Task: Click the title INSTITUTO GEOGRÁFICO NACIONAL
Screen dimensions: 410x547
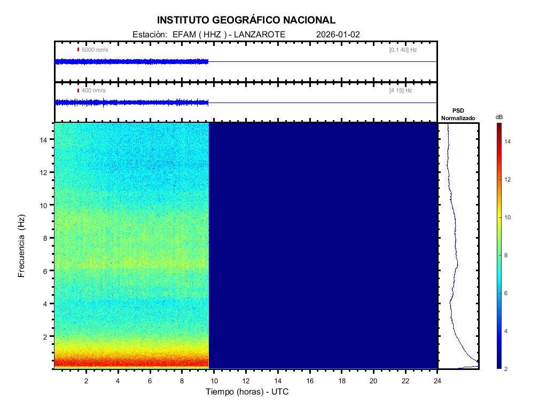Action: point(246,20)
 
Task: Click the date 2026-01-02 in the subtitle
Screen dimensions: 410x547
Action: point(338,34)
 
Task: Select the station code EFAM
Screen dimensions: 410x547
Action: point(183,34)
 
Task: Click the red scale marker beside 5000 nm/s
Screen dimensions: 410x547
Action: point(78,50)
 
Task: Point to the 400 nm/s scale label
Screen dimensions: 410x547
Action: point(93,90)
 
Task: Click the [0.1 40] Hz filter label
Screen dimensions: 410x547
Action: point(403,50)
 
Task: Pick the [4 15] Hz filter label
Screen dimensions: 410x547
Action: point(401,90)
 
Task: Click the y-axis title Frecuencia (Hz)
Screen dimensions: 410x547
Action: point(22,246)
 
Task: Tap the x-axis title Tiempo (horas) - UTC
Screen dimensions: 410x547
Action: point(247,392)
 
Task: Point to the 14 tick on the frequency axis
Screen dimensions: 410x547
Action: point(45,139)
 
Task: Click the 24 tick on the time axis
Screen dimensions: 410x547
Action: point(437,380)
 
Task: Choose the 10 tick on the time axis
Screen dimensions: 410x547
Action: point(214,380)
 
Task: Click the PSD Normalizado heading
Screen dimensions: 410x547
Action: point(458,114)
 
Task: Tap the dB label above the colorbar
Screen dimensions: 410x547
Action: point(499,117)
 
